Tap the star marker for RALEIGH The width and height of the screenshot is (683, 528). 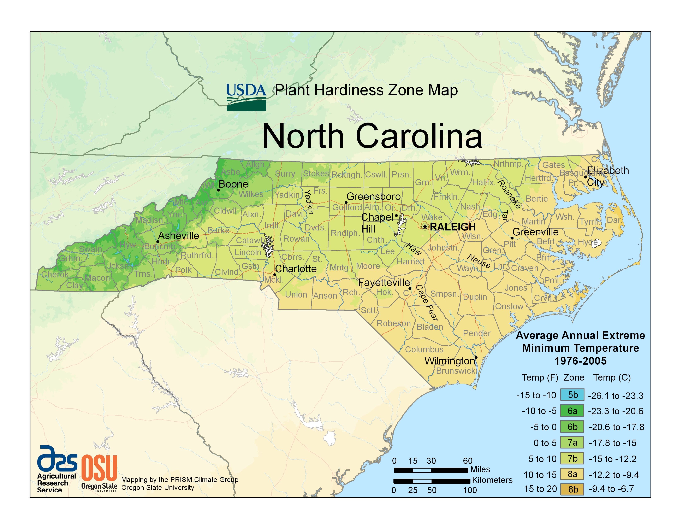click(x=425, y=227)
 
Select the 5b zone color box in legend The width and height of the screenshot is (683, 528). click(x=572, y=395)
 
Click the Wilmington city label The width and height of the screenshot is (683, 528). click(x=449, y=361)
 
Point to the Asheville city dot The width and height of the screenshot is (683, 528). click(x=158, y=241)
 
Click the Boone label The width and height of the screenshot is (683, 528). click(x=233, y=184)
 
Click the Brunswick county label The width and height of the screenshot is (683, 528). click(x=455, y=371)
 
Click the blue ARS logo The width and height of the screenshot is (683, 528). click(x=57, y=459)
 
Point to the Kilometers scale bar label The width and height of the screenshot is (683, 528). click(x=492, y=480)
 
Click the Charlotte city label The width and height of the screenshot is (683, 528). click(x=296, y=269)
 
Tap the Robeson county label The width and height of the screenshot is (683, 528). click(x=393, y=323)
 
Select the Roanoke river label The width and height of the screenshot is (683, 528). click(x=509, y=194)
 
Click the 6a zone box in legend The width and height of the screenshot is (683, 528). click(x=572, y=411)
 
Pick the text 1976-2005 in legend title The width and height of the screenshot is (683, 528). click(x=580, y=361)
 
